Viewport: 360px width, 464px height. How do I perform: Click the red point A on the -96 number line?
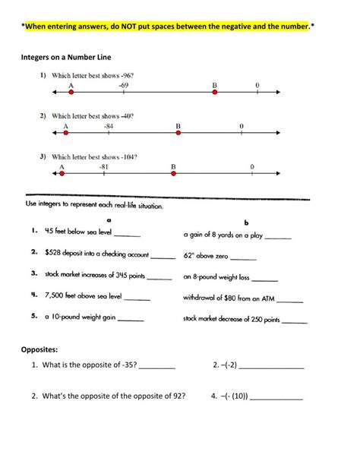71,93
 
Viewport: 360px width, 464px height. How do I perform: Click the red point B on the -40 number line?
178,133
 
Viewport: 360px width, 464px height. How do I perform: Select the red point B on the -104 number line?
173,174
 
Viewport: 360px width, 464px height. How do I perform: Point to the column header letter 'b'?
245,223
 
